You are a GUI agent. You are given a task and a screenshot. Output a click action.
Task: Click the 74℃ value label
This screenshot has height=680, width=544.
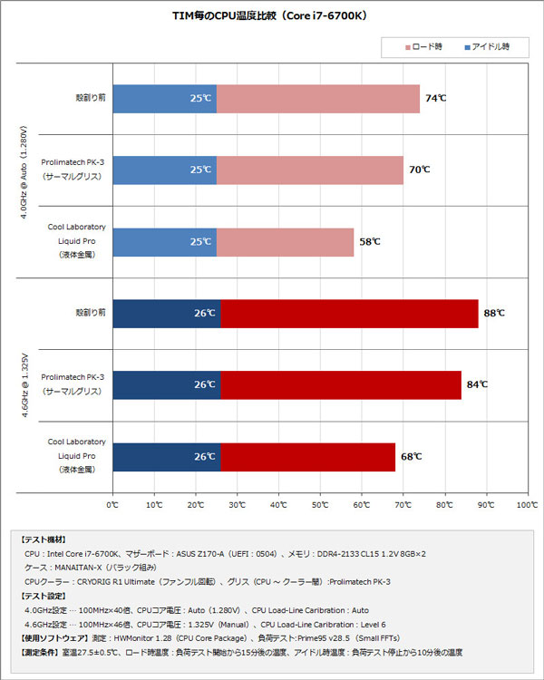(435, 98)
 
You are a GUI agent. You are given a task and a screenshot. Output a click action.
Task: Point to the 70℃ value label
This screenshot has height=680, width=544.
(419, 170)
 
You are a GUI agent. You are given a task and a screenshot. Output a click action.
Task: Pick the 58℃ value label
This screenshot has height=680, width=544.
(369, 242)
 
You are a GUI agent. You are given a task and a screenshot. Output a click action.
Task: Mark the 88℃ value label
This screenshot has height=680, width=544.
(494, 313)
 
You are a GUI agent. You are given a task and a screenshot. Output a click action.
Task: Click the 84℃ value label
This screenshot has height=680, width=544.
(477, 384)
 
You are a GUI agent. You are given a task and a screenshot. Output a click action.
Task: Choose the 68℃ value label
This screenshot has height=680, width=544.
(411, 456)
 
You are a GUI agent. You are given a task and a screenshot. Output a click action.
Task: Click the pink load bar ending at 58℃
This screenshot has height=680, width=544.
(285, 242)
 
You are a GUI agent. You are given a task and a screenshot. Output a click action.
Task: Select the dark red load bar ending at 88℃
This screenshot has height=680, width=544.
(349, 313)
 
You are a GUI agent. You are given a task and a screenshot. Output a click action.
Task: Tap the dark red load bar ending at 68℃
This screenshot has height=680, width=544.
(307, 456)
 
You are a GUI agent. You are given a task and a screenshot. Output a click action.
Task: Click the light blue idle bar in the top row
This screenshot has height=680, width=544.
(164, 98)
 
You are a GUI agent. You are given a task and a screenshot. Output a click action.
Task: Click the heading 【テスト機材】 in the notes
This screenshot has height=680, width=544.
(43, 539)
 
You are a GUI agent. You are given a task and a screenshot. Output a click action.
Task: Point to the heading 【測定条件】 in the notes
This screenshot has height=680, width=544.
(43, 652)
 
